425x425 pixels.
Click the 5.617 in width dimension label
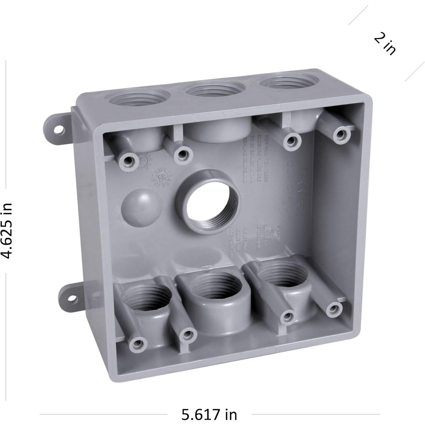pyautogui.click(x=209, y=415)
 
